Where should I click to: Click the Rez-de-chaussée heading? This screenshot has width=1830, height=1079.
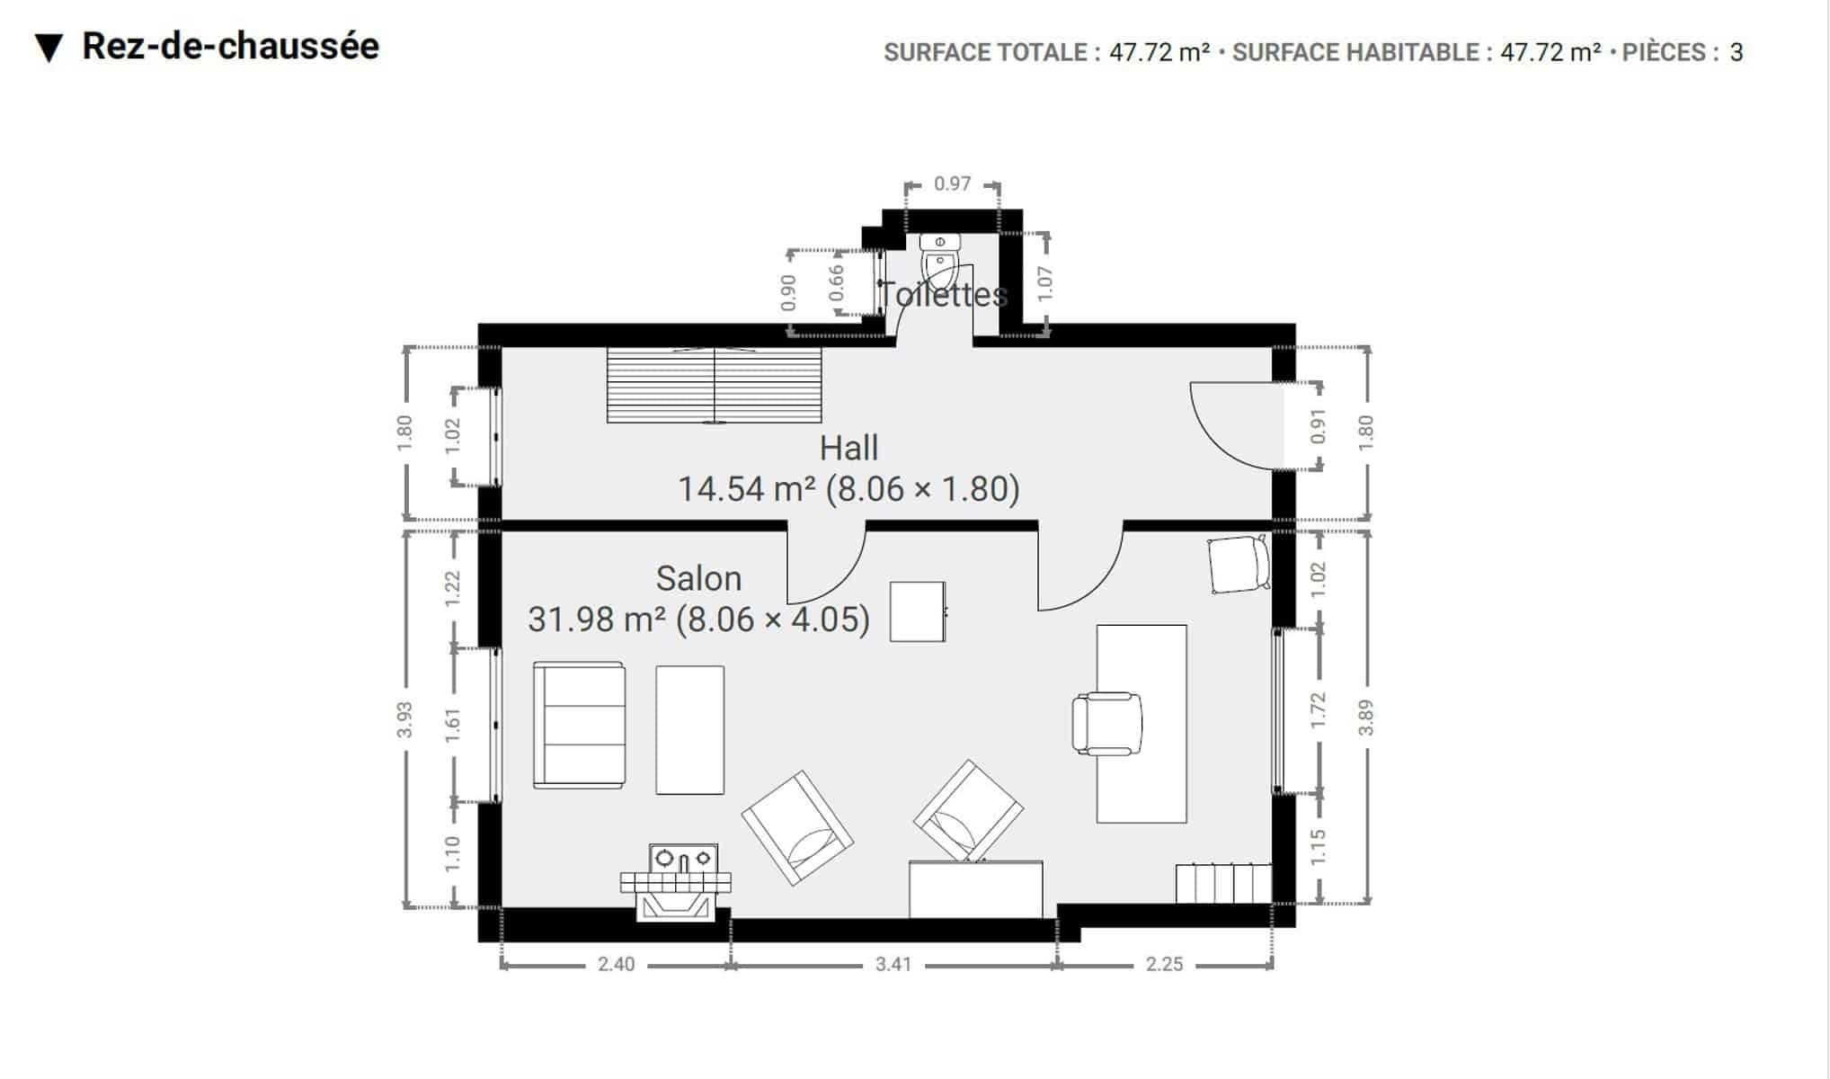[230, 46]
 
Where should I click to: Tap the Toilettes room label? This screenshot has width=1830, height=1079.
[942, 294]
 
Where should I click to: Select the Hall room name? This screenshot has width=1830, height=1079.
[848, 448]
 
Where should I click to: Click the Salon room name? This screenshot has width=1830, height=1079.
[698, 578]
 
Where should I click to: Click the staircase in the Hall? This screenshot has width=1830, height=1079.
[715, 385]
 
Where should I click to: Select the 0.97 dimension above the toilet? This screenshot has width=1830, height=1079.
[952, 183]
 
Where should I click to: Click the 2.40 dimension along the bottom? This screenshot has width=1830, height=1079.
[616, 964]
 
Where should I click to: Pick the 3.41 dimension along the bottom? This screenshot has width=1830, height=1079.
[893, 964]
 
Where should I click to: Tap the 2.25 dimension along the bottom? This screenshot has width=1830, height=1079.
[1164, 964]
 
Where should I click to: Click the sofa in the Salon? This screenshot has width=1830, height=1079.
[579, 725]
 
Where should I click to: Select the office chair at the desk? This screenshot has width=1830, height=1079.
[1106, 723]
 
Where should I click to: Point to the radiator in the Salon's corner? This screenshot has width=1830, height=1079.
[1223, 883]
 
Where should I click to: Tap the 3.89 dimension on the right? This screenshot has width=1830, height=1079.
[1365, 717]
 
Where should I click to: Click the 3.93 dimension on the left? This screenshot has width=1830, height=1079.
[404, 719]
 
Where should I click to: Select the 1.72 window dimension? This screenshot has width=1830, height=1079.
[1318, 710]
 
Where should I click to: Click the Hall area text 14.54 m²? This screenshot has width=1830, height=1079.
[745, 489]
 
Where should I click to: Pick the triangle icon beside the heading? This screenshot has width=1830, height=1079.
[49, 49]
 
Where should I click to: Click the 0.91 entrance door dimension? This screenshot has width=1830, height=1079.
[1318, 426]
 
